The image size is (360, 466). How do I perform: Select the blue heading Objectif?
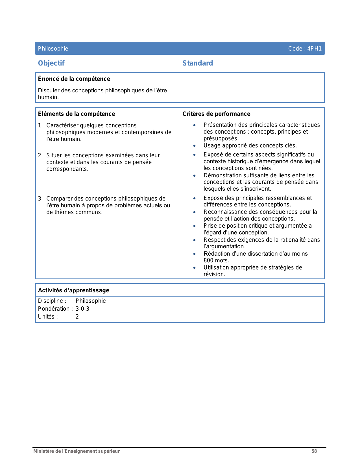tap(51, 63)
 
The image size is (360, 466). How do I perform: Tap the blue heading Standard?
tap(198, 63)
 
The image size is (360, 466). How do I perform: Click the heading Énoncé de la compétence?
tap(74, 79)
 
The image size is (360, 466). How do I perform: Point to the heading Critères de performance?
tap(216, 114)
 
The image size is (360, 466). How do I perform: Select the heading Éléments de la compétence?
tap(77, 114)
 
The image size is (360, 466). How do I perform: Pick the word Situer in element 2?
tap(54, 155)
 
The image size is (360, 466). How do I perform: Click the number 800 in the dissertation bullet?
tap(209, 260)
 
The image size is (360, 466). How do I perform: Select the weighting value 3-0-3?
tap(82, 309)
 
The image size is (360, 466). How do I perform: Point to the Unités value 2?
tap(77, 317)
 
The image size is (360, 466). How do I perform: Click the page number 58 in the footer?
tap(314, 451)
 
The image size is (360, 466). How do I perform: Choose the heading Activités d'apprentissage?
tap(73, 290)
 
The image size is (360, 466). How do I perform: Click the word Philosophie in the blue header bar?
tap(53, 49)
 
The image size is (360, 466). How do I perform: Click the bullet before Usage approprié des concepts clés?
tap(194, 146)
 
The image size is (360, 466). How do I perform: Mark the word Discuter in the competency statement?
tap(48, 90)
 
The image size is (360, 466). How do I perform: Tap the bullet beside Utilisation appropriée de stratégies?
tap(194, 268)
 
